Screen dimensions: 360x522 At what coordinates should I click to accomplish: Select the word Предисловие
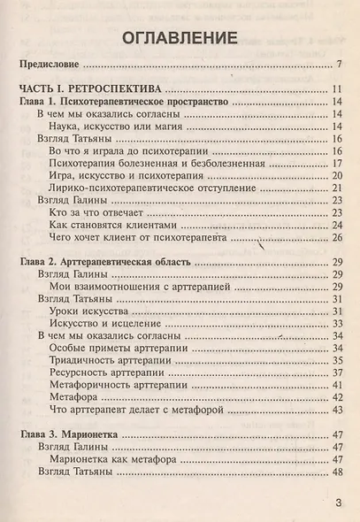[50, 65]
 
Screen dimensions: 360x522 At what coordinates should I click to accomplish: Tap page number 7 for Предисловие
[340, 65]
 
